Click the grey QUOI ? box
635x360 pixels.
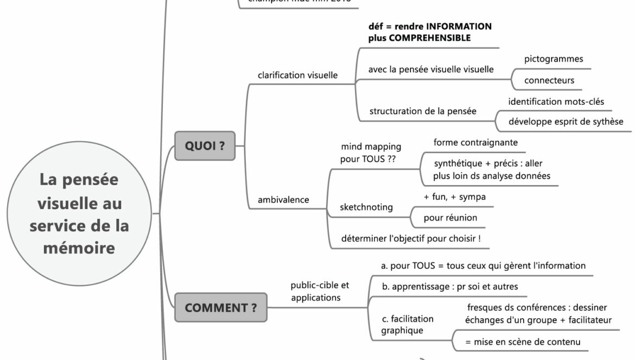pos(205,146)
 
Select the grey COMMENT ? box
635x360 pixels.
pos(220,308)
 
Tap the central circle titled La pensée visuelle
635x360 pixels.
pos(79,213)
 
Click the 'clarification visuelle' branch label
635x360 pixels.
pos(297,75)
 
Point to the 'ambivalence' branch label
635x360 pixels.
pos(283,200)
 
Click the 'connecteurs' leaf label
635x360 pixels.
pos(549,80)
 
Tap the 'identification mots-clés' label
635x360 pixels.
pos(556,102)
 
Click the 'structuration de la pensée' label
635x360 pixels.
pos(423,111)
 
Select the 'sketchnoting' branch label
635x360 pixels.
pos(366,207)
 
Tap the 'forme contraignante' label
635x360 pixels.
pos(475,143)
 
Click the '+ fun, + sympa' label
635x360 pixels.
pos(454,197)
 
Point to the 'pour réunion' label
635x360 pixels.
pos(450,218)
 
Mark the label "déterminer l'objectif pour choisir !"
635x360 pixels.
pos(411,239)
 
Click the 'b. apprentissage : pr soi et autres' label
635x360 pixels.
pos(450,287)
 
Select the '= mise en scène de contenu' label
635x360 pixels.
pos(523,342)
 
